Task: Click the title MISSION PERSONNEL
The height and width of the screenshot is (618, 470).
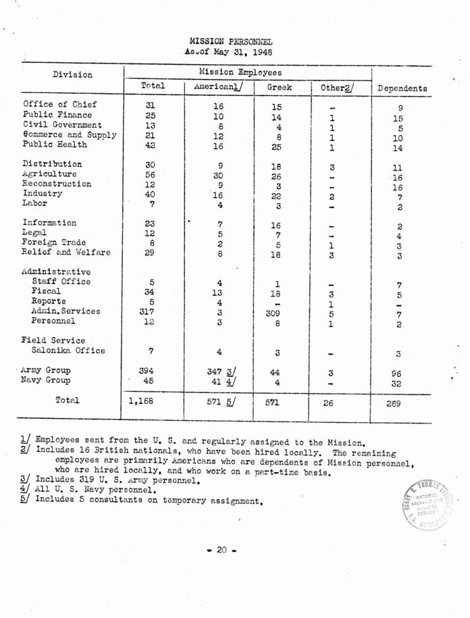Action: [231, 41]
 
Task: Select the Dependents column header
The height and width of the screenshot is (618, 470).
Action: [402, 88]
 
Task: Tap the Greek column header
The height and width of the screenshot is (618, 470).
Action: [279, 88]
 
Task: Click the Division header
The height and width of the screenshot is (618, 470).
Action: [72, 74]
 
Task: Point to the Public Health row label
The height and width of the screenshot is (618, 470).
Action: [55, 145]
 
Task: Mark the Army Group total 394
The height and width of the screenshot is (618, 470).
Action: [147, 371]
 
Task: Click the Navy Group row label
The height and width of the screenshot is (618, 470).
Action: [47, 380]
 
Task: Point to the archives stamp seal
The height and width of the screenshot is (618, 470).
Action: [429, 505]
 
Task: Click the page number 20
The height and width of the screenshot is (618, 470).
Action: [222, 550]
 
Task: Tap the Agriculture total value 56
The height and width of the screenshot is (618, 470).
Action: [150, 174]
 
